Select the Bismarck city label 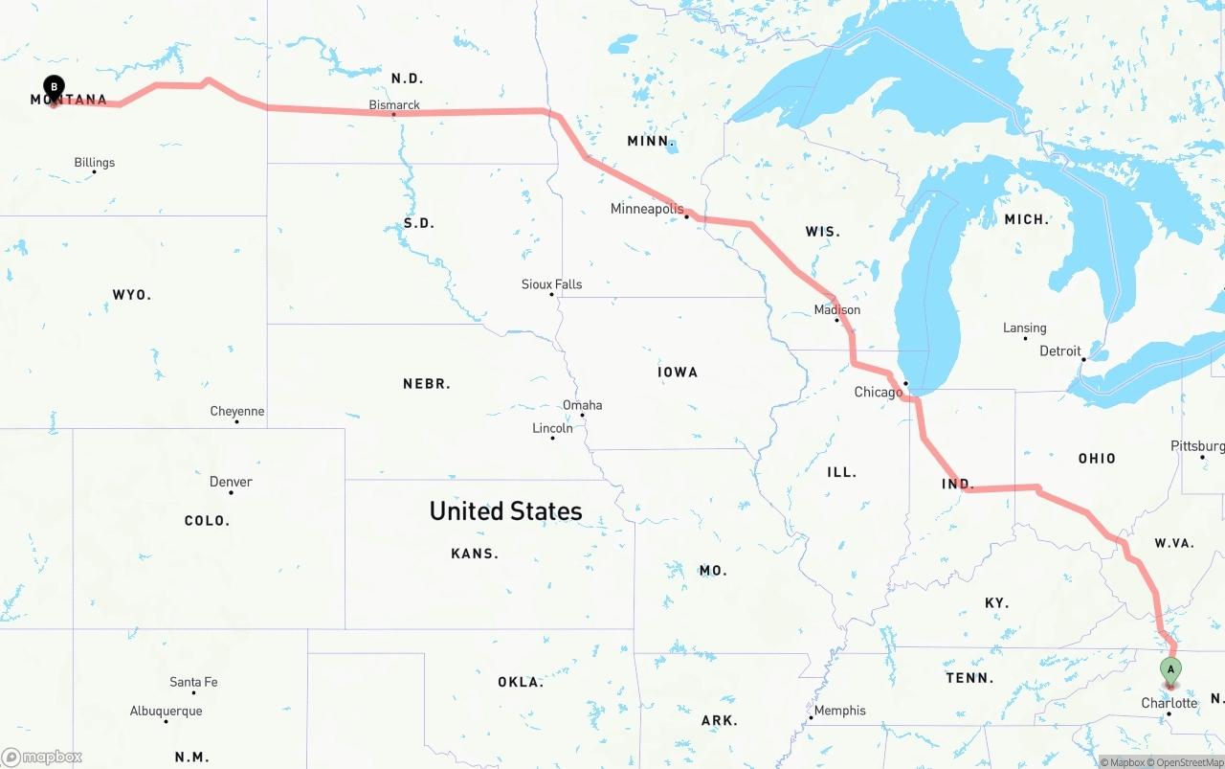pos(394,104)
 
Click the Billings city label pos(94,162)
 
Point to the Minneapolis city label pos(647,208)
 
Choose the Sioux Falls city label pos(551,283)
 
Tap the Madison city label pos(836,309)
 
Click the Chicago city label pos(878,392)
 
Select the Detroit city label pos(1059,351)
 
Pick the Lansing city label pos(1024,328)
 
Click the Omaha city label pos(582,404)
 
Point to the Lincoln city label pos(552,427)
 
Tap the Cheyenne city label pos(236,411)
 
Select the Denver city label pos(231,481)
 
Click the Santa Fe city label pos(193,681)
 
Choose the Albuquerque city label pos(166,711)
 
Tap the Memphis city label pos(839,710)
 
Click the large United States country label pos(505,510)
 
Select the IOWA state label pos(677,372)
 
